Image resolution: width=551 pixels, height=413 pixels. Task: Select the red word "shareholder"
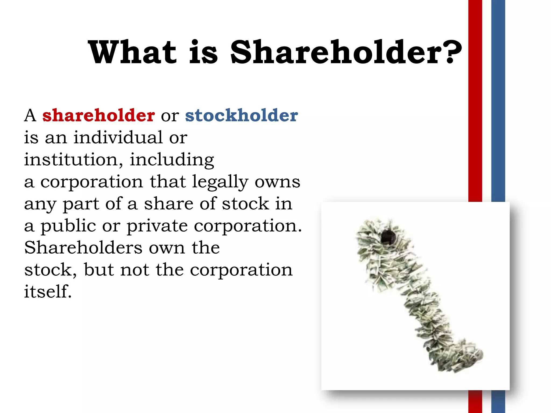[98, 115]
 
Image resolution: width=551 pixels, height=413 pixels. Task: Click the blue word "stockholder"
[241, 115]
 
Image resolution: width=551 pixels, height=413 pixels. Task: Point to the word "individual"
[118, 137]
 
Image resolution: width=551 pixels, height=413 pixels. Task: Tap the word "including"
[172, 160]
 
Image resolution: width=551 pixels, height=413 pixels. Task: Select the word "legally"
[220, 182]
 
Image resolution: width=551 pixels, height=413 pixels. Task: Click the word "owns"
[277, 182]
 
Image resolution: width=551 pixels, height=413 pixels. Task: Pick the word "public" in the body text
[68, 226]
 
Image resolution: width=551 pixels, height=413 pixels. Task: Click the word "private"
[157, 226]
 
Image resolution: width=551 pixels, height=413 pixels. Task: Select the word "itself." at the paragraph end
[48, 291]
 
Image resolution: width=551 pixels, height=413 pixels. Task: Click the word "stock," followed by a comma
[50, 270]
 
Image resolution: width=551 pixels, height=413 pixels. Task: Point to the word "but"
[99, 270]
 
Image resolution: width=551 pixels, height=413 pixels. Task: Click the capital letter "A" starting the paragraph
[30, 116]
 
